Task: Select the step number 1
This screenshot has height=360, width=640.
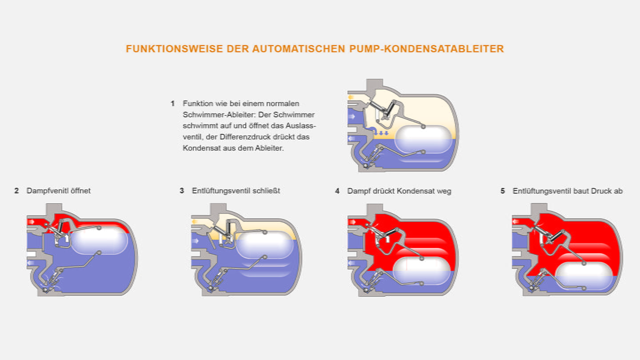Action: [172, 104]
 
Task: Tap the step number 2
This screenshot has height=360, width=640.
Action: [16, 191]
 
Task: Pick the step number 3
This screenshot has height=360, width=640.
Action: [182, 191]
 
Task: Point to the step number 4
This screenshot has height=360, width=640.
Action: [337, 191]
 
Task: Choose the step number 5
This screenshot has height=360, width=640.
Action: [503, 191]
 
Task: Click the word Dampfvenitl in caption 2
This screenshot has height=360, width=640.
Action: [44, 191]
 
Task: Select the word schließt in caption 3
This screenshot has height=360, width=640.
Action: [267, 191]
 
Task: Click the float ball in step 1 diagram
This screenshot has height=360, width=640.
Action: [424, 139]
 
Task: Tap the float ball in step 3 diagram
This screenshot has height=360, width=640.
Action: [264, 245]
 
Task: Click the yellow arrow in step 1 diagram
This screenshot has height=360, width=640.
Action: [351, 97]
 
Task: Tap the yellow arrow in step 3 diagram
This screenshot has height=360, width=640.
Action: [194, 221]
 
